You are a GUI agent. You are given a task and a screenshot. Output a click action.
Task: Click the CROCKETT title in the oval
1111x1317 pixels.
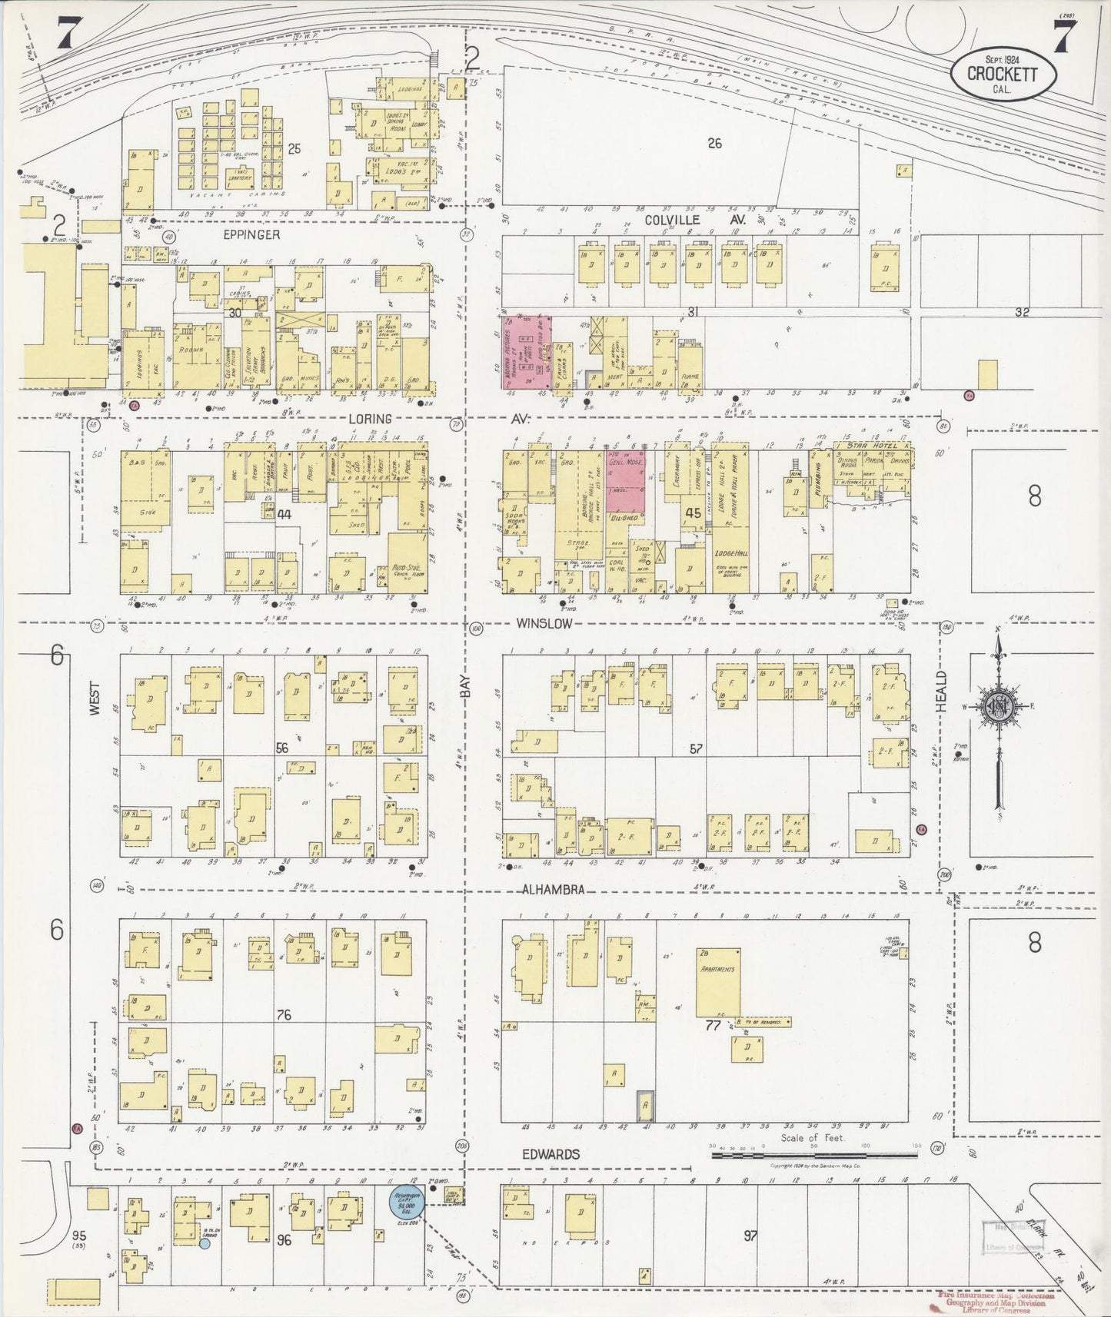[1003, 74]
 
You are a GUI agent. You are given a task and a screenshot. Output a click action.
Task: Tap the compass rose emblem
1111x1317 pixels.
[999, 708]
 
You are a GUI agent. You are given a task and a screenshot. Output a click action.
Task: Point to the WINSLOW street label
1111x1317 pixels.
[544, 623]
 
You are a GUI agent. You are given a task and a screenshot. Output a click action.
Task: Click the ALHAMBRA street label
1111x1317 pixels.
[553, 890]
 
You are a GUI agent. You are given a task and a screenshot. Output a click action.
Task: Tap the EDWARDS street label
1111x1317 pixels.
[551, 1154]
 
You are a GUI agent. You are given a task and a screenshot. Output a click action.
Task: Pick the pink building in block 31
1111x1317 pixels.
[526, 350]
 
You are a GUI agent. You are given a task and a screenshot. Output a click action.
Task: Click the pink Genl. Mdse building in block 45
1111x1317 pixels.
[624, 479]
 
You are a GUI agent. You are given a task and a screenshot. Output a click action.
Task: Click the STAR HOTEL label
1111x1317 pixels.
[872, 445]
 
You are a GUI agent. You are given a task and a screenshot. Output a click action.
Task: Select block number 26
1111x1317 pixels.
[714, 142]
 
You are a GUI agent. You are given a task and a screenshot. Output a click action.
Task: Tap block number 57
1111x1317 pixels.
[696, 748]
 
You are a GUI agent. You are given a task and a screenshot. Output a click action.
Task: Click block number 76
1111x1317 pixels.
[284, 1015]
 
